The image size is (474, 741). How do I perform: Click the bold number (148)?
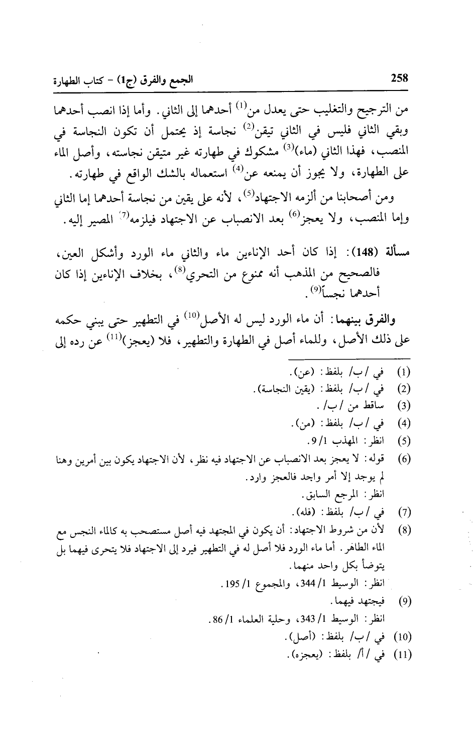point(370,251)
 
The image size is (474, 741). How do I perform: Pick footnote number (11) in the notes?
point(404,656)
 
